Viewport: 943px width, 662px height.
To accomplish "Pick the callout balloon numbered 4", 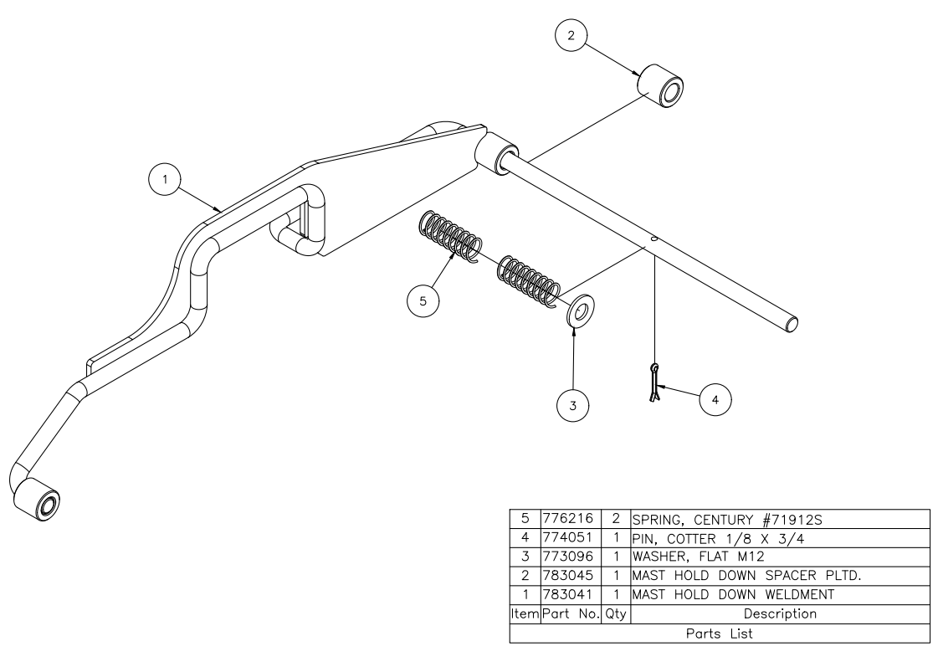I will pyautogui.click(x=713, y=400).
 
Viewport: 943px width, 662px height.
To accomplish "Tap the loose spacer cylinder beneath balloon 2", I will pyautogui.click(x=660, y=86).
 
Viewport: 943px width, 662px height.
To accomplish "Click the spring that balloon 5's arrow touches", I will pyautogui.click(x=449, y=236).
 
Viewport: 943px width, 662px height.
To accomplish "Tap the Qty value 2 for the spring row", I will pyautogui.click(x=613, y=518).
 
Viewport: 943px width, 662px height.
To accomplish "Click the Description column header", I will pyautogui.click(x=780, y=614).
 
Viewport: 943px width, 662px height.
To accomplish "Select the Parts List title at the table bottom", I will pyautogui.click(x=719, y=634).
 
